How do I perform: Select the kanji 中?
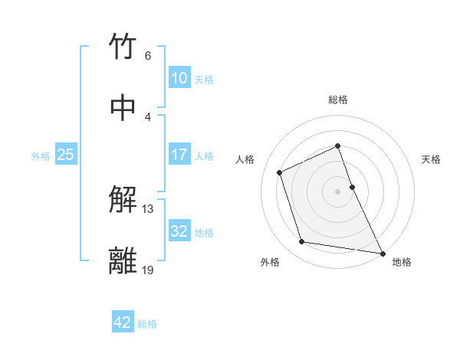123,107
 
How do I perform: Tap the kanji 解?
123,201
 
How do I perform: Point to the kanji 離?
123,261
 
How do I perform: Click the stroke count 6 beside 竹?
147,56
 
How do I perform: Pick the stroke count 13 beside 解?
148,209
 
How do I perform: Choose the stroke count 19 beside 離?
148,270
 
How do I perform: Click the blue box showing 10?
179,78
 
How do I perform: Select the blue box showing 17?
179,155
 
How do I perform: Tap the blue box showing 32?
179,231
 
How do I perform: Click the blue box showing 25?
66,155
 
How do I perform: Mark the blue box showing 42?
123,322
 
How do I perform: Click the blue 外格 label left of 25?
41,155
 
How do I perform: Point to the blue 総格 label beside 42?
147,323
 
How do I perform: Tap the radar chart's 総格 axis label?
338,100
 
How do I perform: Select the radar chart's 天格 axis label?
432,159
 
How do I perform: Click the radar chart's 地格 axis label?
402,262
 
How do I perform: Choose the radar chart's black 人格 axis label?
245,159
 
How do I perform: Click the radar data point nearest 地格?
382,252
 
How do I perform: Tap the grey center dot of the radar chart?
338,191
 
